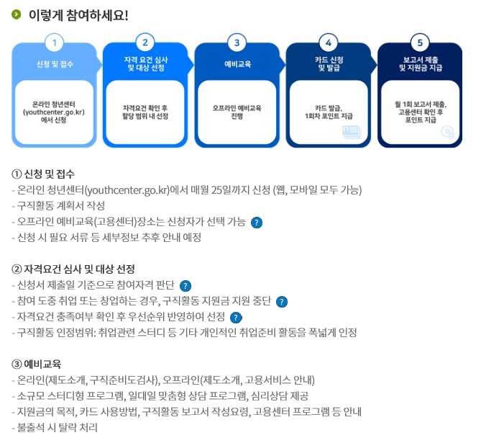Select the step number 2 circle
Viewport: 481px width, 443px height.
click(x=145, y=42)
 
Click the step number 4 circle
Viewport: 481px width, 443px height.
click(x=328, y=42)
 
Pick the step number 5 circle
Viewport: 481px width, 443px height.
click(x=420, y=42)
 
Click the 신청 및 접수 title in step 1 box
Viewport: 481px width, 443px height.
click(x=55, y=64)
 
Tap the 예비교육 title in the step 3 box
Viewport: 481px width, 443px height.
click(x=237, y=64)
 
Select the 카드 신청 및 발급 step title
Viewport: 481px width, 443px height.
click(x=328, y=63)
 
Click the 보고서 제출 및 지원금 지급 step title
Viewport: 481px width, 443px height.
click(x=420, y=63)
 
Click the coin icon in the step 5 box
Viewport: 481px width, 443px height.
click(x=446, y=131)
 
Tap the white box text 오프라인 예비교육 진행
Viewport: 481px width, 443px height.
click(x=237, y=112)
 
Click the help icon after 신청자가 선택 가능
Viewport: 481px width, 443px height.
click(x=257, y=222)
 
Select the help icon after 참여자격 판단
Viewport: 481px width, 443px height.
click(x=185, y=285)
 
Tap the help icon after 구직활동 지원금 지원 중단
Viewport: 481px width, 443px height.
click(x=282, y=301)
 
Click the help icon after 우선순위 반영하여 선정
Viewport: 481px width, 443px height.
click(x=236, y=317)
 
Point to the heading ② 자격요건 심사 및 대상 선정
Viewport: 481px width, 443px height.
click(x=73, y=269)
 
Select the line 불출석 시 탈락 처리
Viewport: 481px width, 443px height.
click(x=55, y=427)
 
